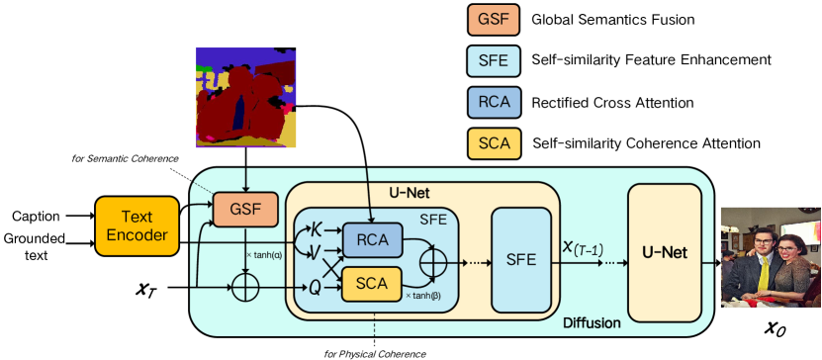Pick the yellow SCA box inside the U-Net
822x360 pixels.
click(372, 283)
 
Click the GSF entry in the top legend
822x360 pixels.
click(494, 21)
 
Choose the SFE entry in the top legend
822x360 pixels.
click(494, 61)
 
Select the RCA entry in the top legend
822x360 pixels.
click(494, 102)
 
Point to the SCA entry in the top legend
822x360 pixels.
click(494, 142)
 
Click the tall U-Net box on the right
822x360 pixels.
click(665, 253)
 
